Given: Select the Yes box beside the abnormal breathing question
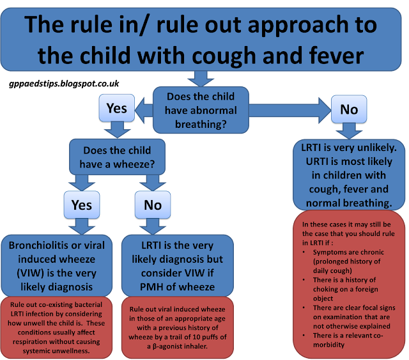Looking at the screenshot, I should point(116,107).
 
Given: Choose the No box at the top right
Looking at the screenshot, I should point(349,109).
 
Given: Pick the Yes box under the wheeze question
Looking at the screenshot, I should point(81,205).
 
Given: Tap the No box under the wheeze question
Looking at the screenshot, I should point(153,205).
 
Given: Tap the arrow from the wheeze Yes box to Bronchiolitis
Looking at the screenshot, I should point(81,226).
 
